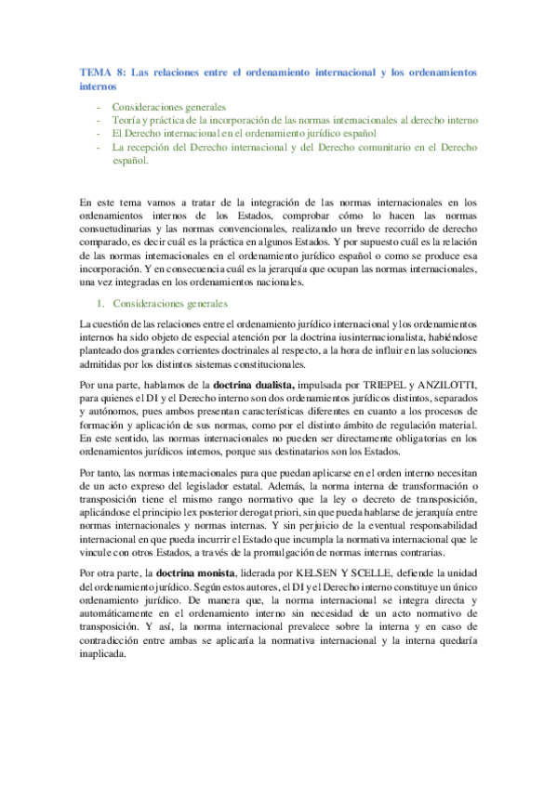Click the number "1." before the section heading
pos(102,303)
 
